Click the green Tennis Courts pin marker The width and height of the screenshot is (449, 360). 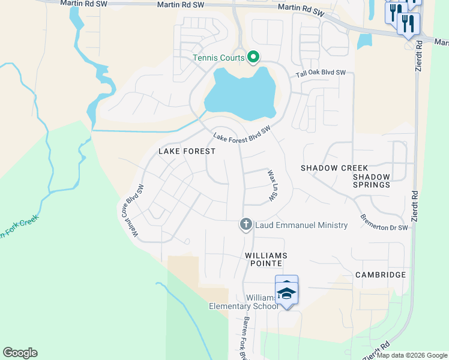coord(253,58)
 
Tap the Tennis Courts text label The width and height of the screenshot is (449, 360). coord(218,58)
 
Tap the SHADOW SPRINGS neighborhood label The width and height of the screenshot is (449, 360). coord(371,181)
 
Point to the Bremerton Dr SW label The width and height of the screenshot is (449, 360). coord(384,221)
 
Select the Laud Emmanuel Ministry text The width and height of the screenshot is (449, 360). coord(301,225)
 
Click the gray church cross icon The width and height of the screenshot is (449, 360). coord(246,225)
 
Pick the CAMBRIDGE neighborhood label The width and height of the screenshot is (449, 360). coord(380,275)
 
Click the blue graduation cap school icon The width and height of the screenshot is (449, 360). coord(286,293)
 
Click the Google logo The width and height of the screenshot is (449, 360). coord(20,353)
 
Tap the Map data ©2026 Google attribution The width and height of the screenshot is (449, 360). coord(412,355)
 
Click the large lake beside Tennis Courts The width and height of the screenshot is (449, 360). coord(240,96)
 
